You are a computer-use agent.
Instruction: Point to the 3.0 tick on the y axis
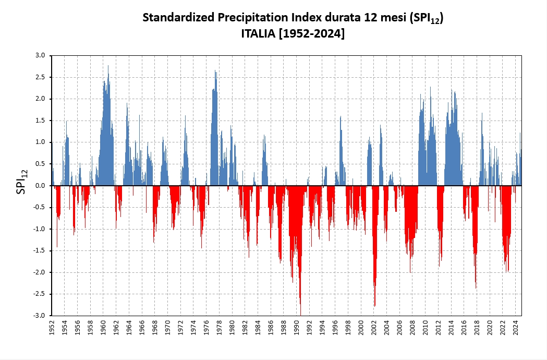pyautogui.click(x=40, y=55)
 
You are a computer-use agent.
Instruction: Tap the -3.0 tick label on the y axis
pyautogui.click(x=39, y=316)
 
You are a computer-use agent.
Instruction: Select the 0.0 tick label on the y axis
pyautogui.click(x=40, y=186)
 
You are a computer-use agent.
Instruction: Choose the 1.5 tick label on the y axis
pyautogui.click(x=40, y=121)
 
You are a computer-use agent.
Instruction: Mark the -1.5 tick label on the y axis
pyautogui.click(x=39, y=250)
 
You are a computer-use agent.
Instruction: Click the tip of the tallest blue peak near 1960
pyautogui.click(x=108, y=66)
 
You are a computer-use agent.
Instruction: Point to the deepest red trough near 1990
pyautogui.click(x=300, y=315)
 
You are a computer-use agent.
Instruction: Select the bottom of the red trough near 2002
pyautogui.click(x=374, y=306)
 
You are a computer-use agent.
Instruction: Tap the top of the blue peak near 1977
pyautogui.click(x=215, y=71)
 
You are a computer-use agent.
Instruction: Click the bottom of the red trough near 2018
pyautogui.click(x=476, y=288)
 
